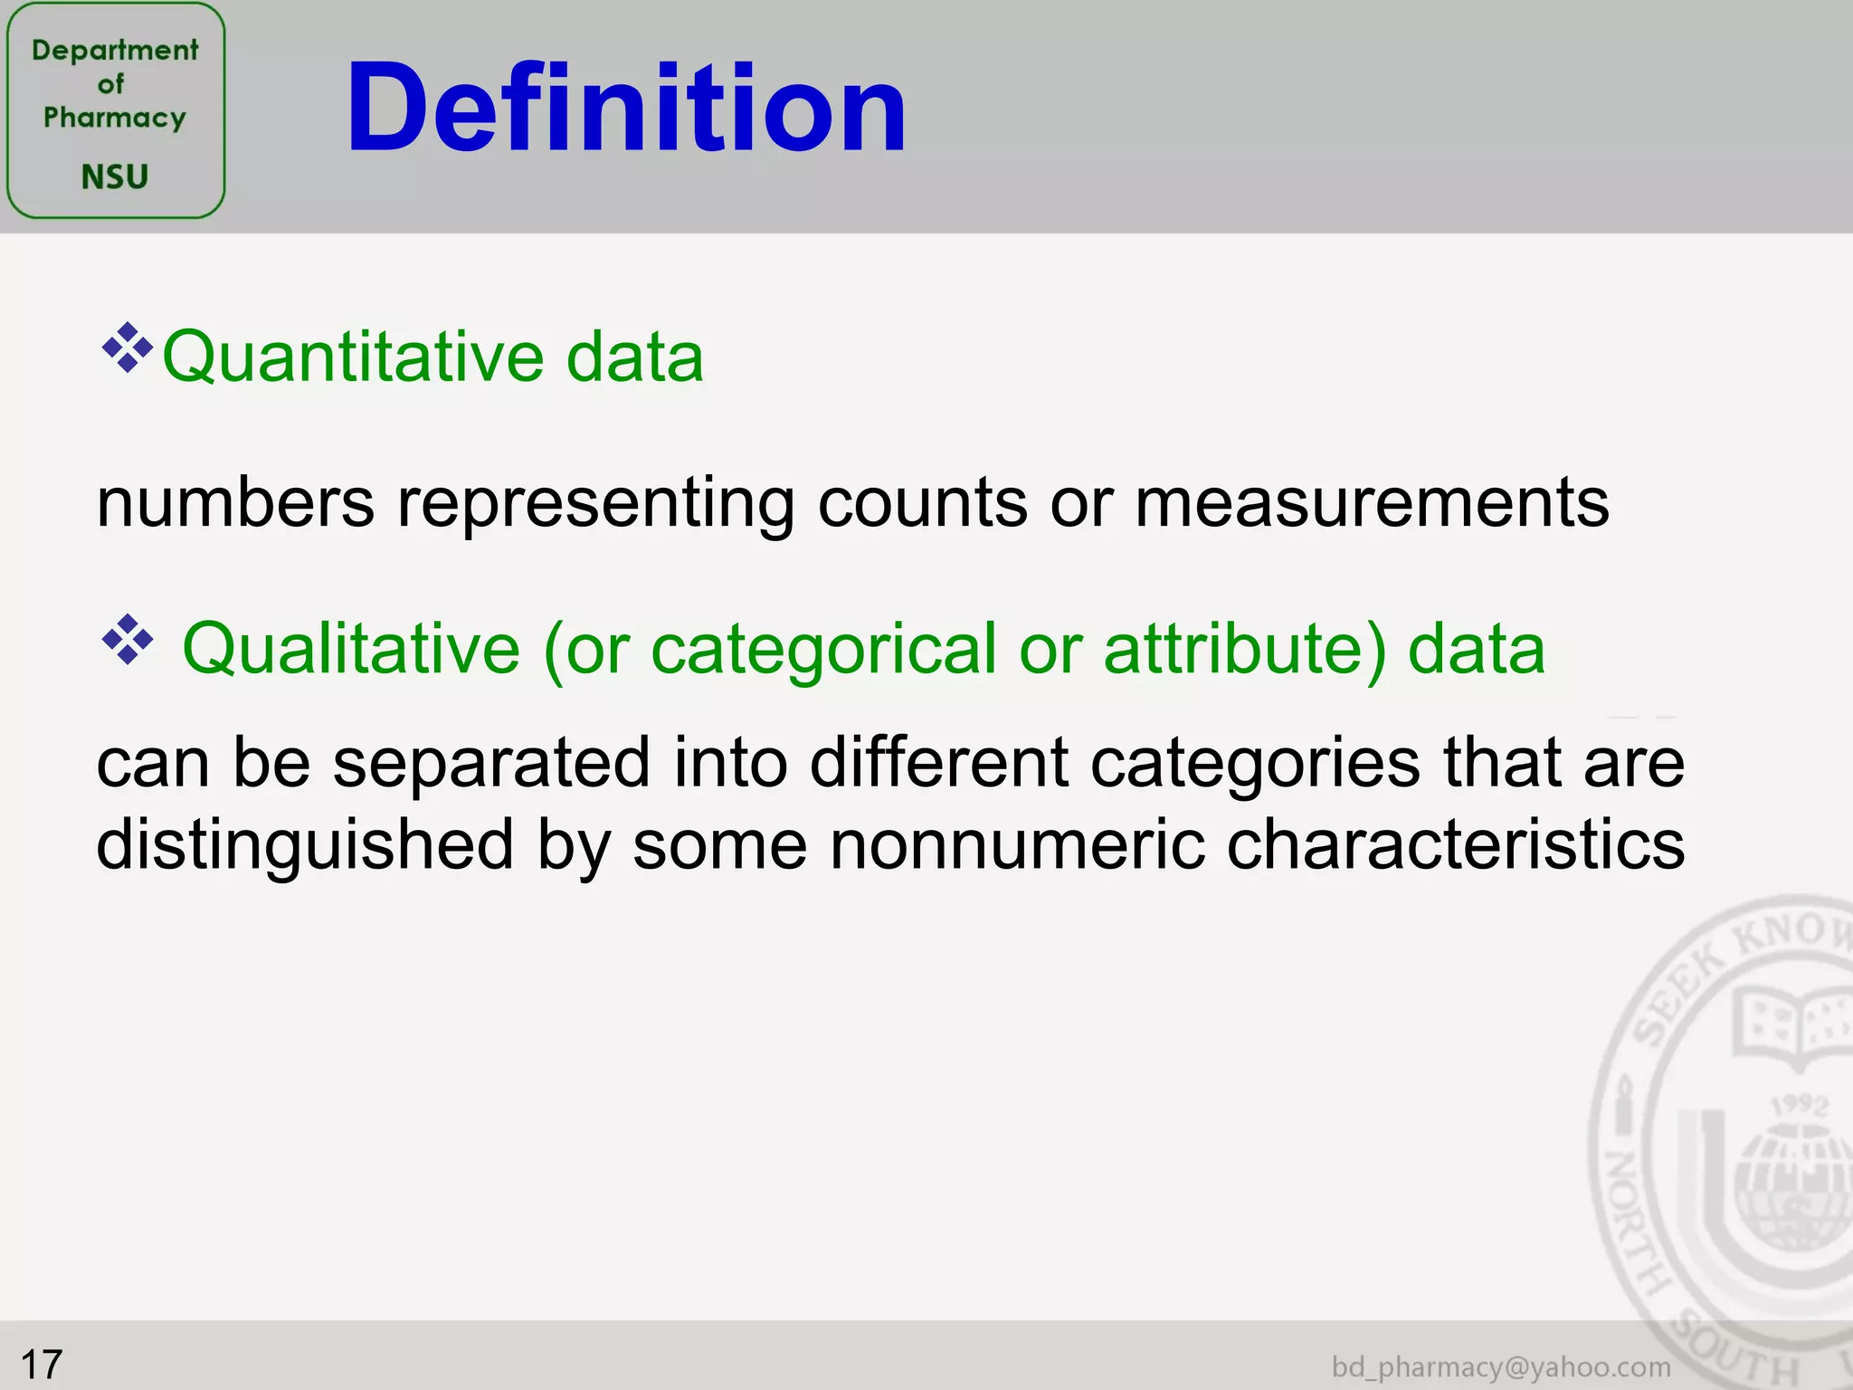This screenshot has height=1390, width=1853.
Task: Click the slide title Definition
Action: click(625, 108)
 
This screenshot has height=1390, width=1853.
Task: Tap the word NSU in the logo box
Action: click(115, 176)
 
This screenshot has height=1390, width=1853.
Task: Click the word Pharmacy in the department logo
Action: click(115, 118)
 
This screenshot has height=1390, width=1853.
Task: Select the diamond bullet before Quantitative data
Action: click(127, 347)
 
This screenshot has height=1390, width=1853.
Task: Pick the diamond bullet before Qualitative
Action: click(127, 640)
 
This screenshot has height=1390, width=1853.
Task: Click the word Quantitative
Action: click(353, 357)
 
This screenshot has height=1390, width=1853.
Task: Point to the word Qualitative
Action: click(351, 649)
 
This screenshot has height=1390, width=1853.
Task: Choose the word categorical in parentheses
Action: click(823, 649)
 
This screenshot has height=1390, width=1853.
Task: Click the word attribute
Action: click(1232, 649)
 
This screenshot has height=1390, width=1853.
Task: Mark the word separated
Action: click(491, 763)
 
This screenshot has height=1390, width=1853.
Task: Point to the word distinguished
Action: click(305, 844)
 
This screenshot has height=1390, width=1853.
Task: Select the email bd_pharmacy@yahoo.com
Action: click(1501, 1366)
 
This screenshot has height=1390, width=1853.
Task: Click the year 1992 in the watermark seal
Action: click(1799, 1105)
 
